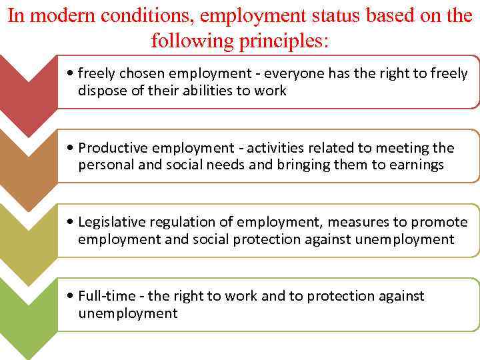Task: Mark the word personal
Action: pos(105,165)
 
